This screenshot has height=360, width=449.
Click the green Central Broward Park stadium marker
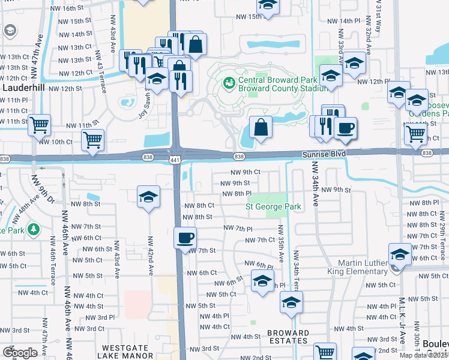(229, 82)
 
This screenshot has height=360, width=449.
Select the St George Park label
(273, 206)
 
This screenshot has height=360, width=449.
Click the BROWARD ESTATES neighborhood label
(288, 337)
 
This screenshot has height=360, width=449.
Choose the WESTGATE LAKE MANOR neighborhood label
(131, 352)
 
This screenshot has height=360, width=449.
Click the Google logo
(20, 353)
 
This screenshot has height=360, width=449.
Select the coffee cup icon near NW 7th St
(185, 237)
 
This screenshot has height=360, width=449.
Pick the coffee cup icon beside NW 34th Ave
(345, 128)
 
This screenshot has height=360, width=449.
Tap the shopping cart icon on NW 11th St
(40, 125)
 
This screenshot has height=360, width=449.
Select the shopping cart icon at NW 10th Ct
(93, 140)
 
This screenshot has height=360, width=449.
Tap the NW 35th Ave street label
(280, 243)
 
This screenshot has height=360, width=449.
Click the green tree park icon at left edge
(34, 229)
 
